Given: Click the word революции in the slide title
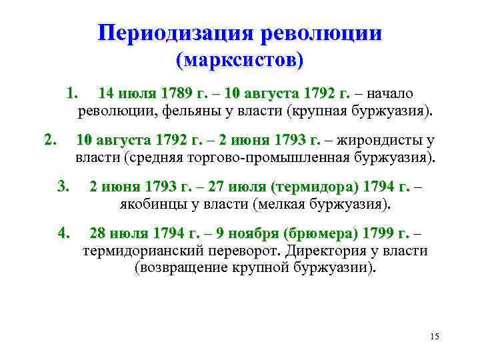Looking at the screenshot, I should click(x=324, y=33).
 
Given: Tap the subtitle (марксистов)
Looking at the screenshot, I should click(x=239, y=61).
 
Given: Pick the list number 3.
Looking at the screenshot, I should click(x=64, y=184).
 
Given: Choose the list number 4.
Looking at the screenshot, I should click(x=64, y=233).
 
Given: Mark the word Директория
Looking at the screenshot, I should click(x=327, y=251).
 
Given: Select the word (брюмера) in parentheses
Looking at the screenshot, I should click(x=320, y=234).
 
